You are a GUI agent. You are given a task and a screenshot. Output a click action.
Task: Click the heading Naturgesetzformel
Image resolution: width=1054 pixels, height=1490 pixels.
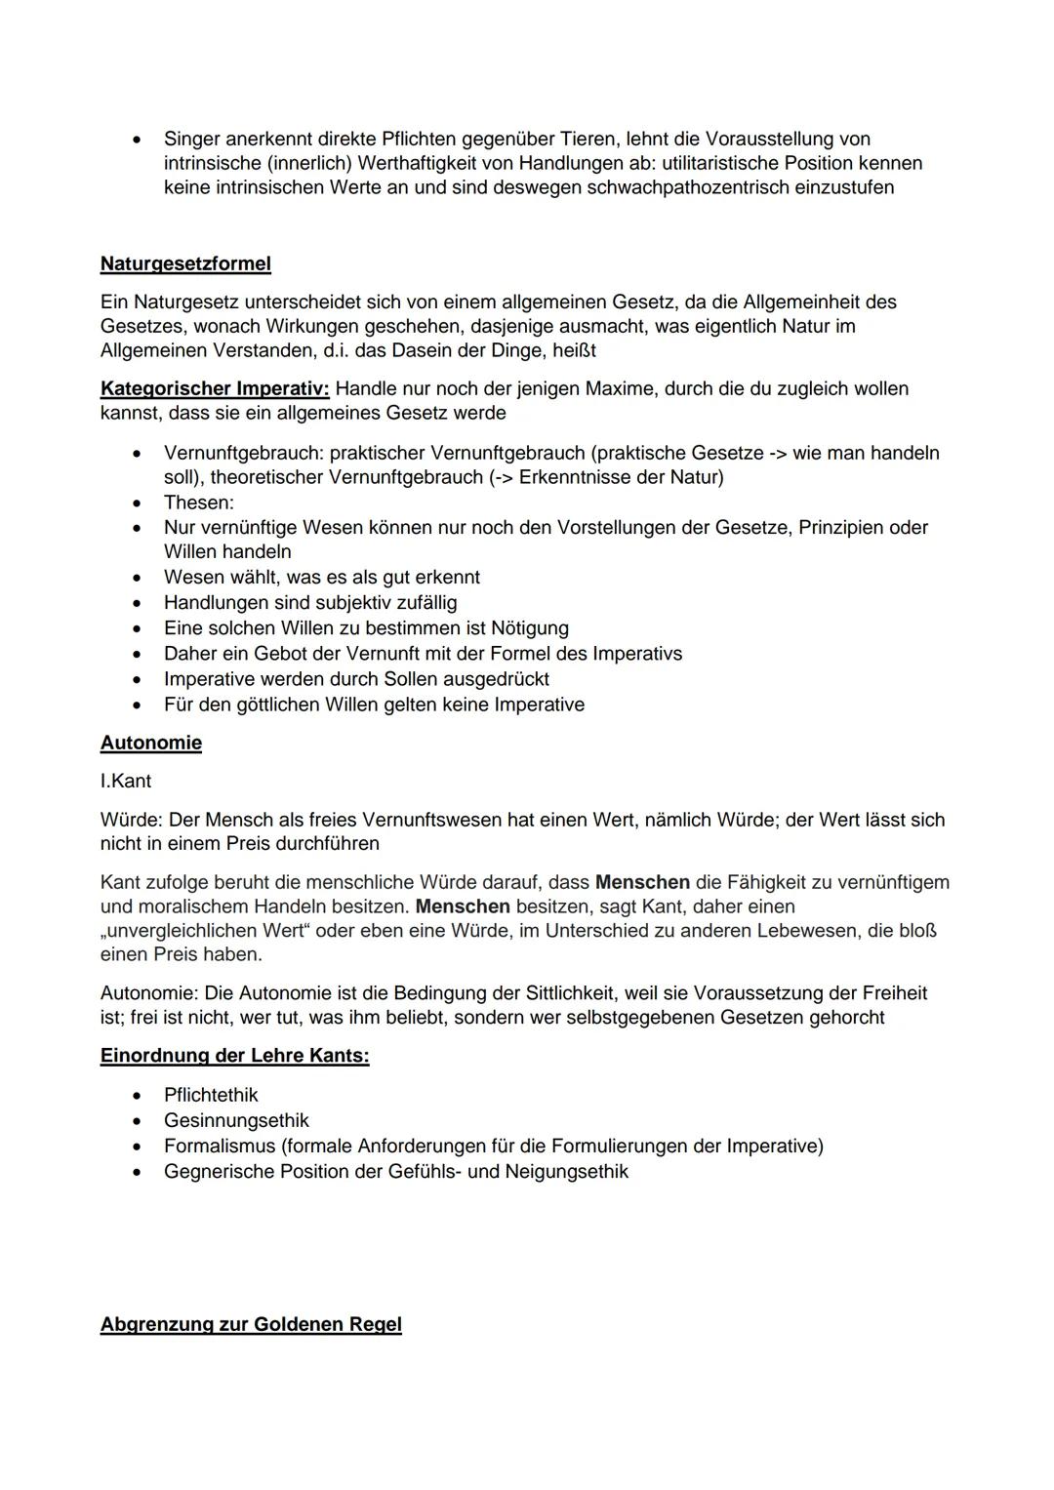185,263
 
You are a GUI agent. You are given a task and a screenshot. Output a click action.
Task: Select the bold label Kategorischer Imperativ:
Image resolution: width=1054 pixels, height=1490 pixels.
215,388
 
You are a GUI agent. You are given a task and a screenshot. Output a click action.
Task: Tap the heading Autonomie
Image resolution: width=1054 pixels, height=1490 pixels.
150,743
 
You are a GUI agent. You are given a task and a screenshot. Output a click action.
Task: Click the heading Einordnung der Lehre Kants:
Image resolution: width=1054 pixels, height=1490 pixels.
234,1056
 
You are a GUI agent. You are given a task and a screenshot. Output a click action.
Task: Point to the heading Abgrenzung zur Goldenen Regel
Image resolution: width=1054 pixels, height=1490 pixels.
251,1324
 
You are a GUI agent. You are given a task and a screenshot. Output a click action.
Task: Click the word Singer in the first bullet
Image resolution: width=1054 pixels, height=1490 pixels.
191,139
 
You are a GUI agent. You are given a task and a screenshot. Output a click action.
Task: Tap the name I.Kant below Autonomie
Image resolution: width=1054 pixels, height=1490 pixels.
126,782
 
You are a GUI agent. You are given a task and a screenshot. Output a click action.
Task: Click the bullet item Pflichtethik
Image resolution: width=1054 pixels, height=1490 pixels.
211,1095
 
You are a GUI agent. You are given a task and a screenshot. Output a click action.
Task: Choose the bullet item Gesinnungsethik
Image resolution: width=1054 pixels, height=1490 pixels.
236,1120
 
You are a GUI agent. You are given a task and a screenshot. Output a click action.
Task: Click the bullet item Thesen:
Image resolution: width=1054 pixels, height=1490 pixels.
198,503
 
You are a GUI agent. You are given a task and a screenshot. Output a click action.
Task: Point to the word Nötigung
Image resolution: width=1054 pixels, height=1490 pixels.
527,628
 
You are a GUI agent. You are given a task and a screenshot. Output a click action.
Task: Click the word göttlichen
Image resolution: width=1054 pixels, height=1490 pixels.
281,705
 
